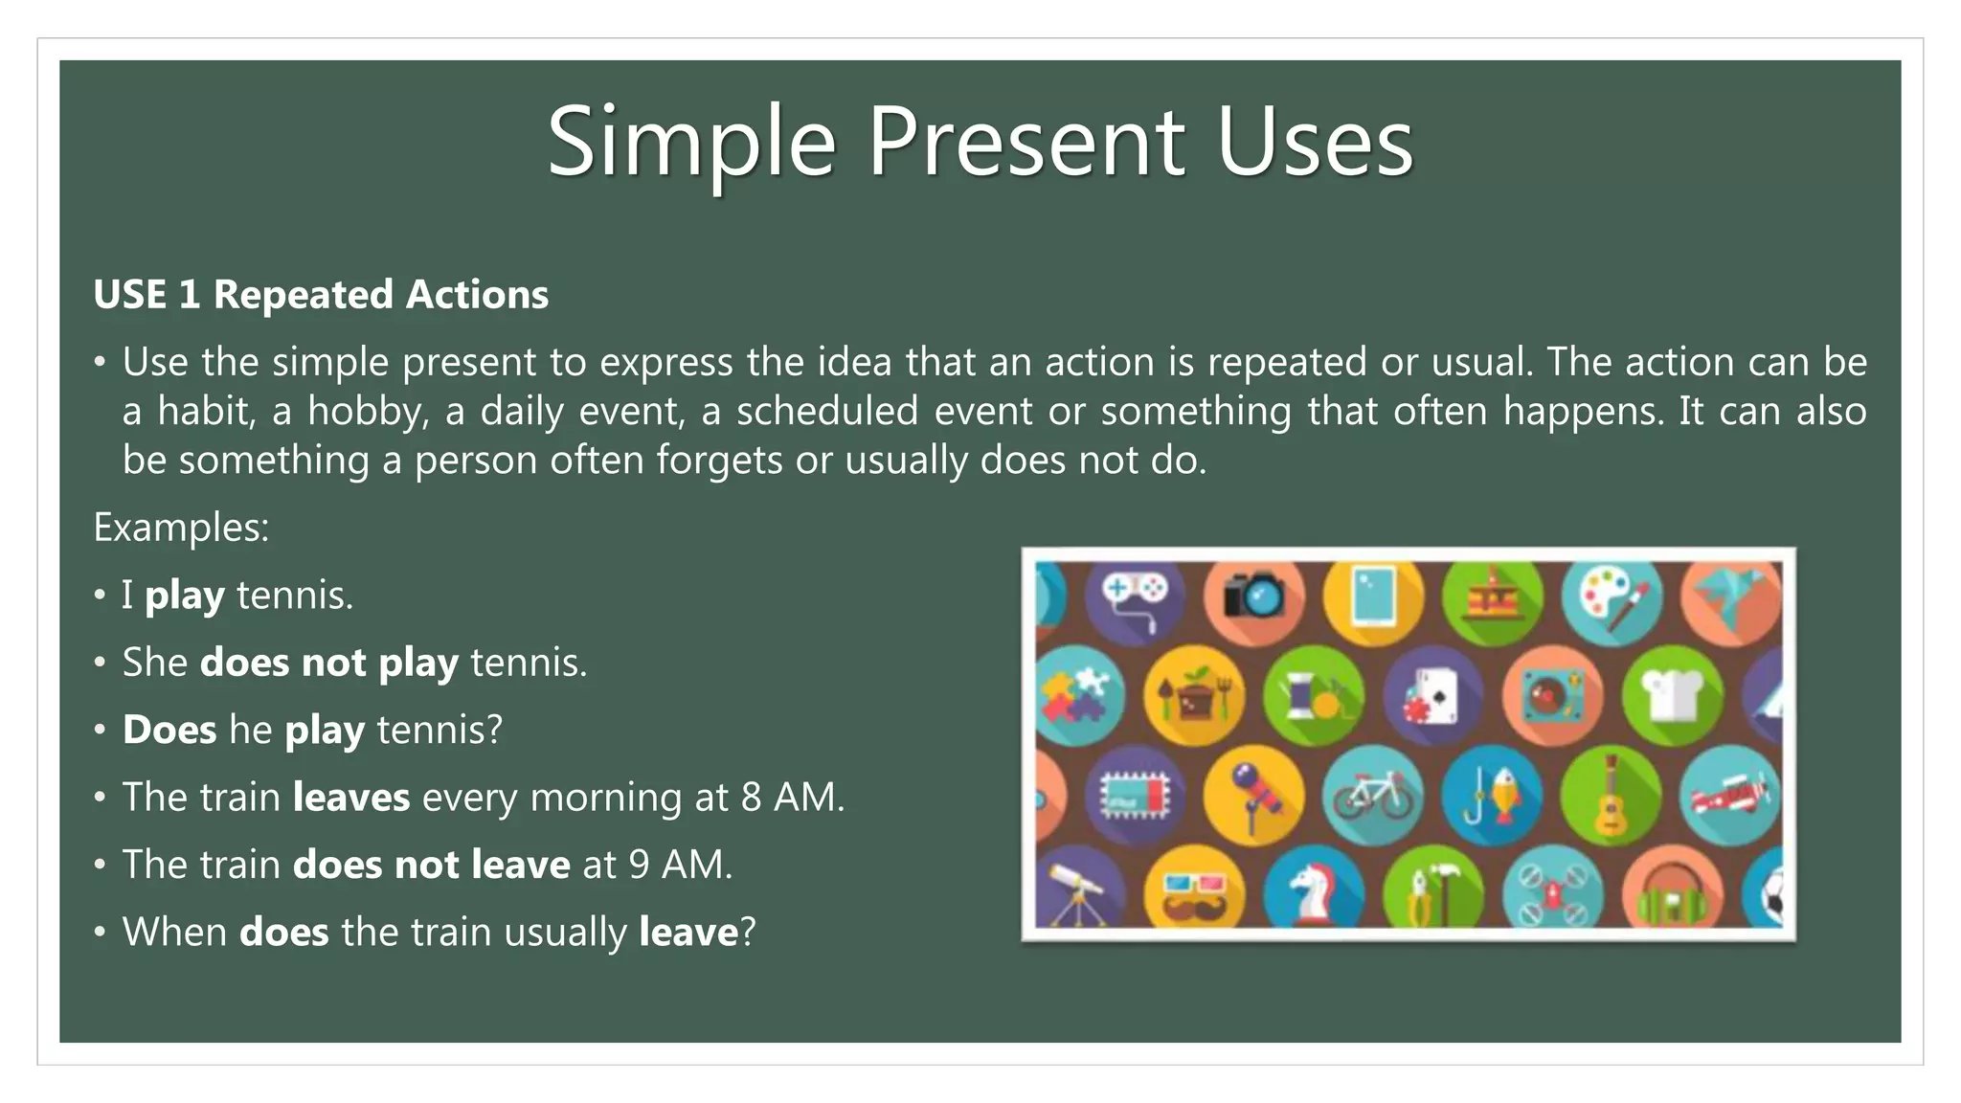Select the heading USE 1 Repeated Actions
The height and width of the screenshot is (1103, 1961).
click(x=321, y=295)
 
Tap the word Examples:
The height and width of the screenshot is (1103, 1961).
click(x=181, y=528)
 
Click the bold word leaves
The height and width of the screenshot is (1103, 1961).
click(x=350, y=798)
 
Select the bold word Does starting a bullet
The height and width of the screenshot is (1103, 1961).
click(x=169, y=731)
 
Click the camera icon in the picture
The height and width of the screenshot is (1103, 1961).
click(x=1253, y=596)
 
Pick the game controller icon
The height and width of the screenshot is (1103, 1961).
click(x=1134, y=596)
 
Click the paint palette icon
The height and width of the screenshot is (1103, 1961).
click(x=1612, y=596)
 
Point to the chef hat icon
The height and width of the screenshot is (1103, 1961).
click(x=1672, y=693)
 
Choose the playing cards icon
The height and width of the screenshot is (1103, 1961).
click(x=1432, y=695)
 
